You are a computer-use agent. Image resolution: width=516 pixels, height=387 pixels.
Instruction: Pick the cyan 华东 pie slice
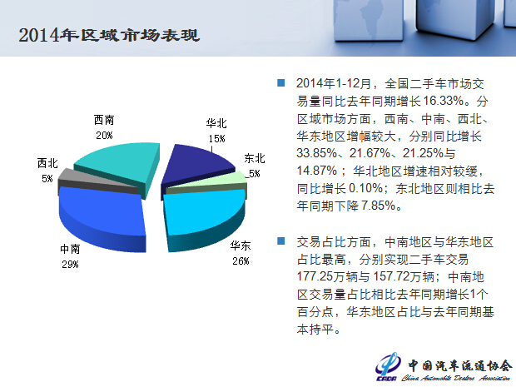pyautogui.click(x=204, y=214)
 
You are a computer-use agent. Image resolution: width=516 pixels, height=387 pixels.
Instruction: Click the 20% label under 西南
pyautogui.click(x=104, y=136)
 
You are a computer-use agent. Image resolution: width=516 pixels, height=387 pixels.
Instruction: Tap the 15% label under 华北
pyautogui.click(x=216, y=138)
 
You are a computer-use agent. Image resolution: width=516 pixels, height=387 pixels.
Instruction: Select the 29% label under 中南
pyautogui.click(x=70, y=265)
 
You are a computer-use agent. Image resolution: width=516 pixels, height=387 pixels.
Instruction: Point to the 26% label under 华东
pyautogui.click(x=241, y=261)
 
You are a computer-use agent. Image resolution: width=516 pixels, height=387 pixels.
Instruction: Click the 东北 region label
pyautogui.click(x=255, y=158)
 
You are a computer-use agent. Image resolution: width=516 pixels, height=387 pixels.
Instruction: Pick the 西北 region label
pyautogui.click(x=47, y=163)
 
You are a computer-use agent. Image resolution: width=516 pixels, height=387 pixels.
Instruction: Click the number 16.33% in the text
pyautogui.click(x=444, y=101)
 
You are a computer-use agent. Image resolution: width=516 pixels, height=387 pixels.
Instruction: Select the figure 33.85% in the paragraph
pyautogui.click(x=317, y=153)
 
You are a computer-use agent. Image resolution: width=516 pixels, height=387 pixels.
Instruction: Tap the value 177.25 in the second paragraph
pyautogui.click(x=315, y=276)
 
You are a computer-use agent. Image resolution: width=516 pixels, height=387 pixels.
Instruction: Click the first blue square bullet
pyautogui.click(x=281, y=82)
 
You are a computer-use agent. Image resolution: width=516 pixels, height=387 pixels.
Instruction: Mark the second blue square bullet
pyautogui.click(x=281, y=241)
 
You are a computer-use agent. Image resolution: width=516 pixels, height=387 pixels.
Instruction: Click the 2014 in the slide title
pyautogui.click(x=39, y=35)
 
